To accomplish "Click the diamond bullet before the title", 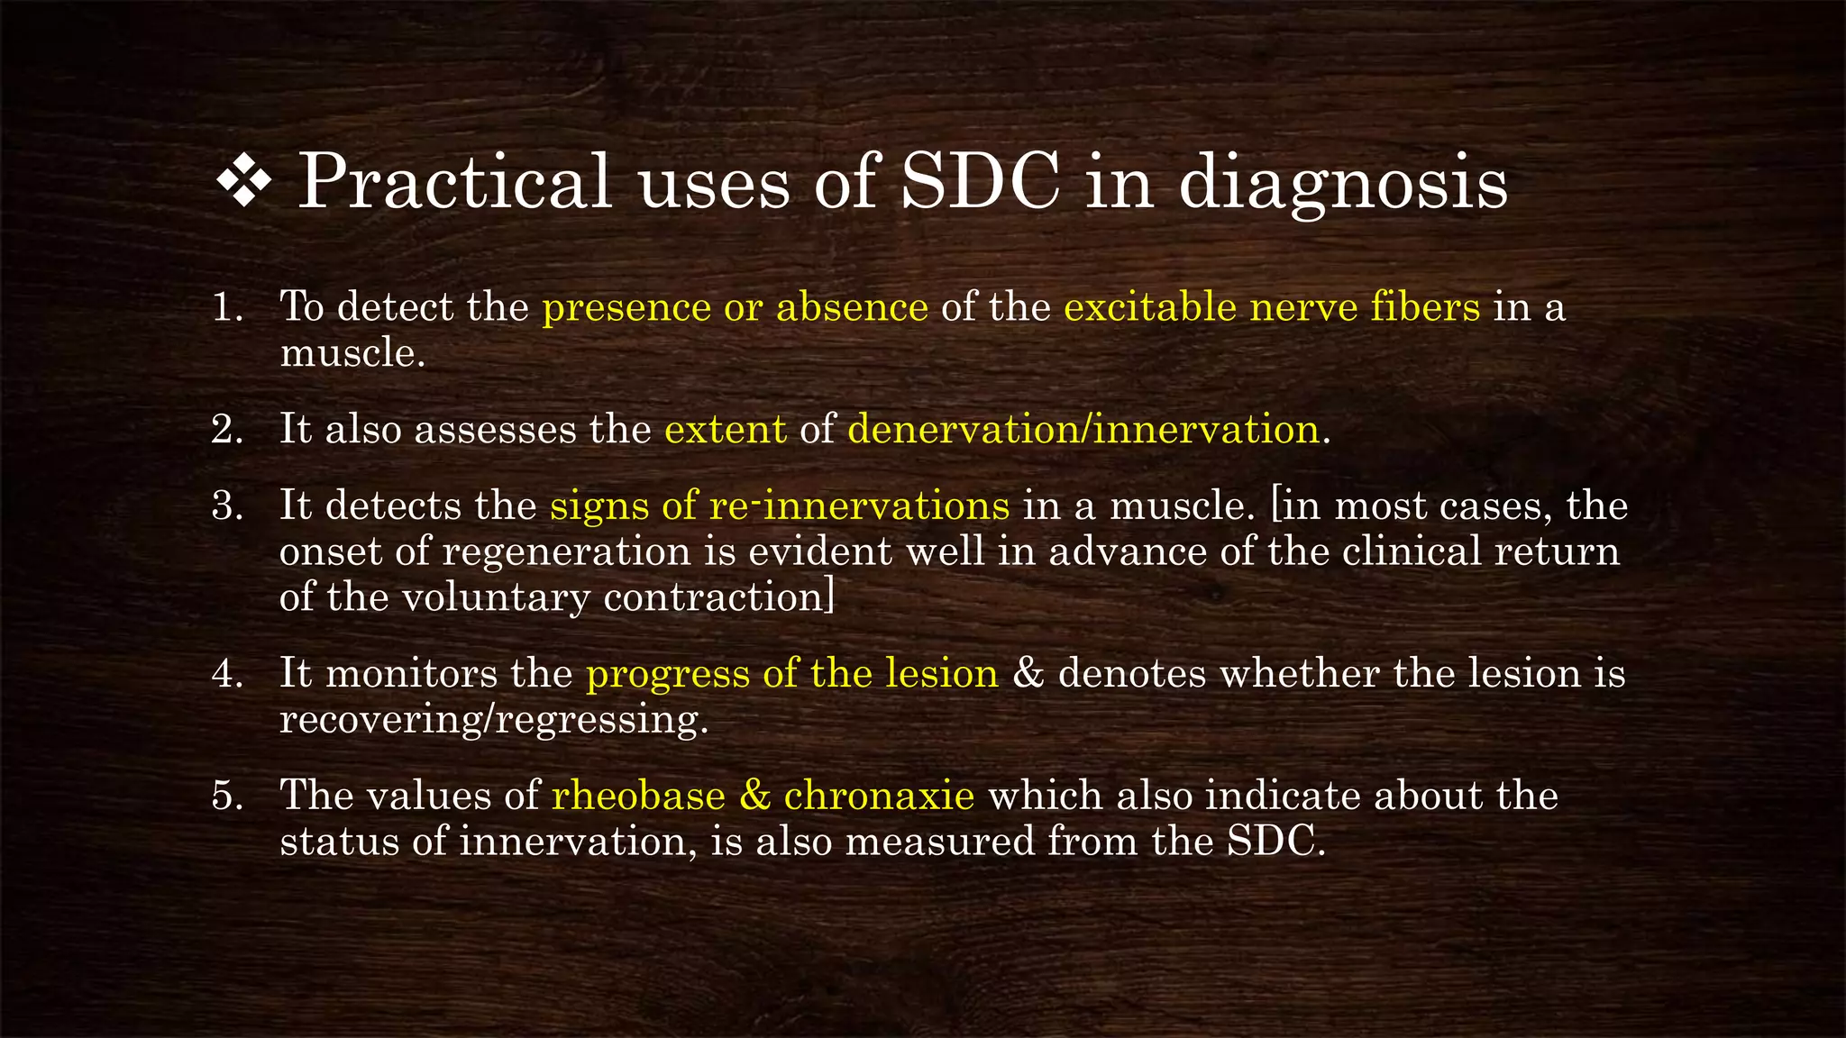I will click(244, 184).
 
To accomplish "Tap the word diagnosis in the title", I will click(1343, 184).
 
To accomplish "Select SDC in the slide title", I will click(981, 182).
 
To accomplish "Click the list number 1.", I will click(227, 308).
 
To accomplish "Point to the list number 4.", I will click(227, 674).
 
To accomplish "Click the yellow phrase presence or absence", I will click(735, 308).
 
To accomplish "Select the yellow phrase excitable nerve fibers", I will click(1271, 308).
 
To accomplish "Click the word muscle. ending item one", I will click(352, 353).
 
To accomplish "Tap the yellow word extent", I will click(726, 430).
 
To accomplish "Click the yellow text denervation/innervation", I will click(1084, 430).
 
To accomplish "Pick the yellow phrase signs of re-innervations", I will click(780, 506).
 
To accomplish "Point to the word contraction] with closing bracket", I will click(718, 597).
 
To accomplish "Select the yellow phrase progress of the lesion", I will click(792, 674).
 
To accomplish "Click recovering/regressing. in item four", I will click(493, 720).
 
